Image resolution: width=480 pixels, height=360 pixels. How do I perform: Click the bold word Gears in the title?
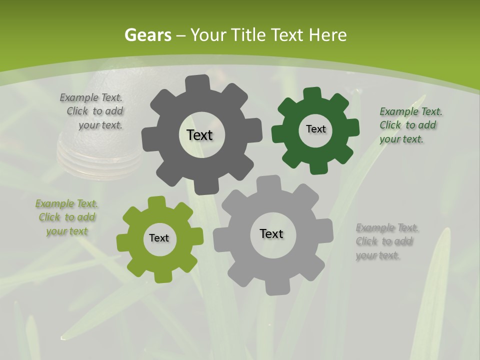pyautogui.click(x=147, y=35)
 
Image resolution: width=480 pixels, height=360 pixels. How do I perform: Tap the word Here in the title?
pyautogui.click(x=327, y=35)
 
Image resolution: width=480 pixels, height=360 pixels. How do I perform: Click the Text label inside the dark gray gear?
pyautogui.click(x=199, y=135)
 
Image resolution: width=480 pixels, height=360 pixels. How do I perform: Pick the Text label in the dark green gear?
pyautogui.click(x=315, y=129)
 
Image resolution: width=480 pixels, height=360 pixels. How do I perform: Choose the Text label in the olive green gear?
pyautogui.click(x=159, y=238)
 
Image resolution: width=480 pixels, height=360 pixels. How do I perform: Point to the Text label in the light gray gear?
pyautogui.click(x=271, y=233)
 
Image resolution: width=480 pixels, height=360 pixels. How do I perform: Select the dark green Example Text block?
pyautogui.click(x=410, y=125)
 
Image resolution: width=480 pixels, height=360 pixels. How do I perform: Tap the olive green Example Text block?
pyautogui.click(x=67, y=217)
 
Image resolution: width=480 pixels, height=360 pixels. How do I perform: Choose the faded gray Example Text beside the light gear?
pyautogui.click(x=386, y=241)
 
